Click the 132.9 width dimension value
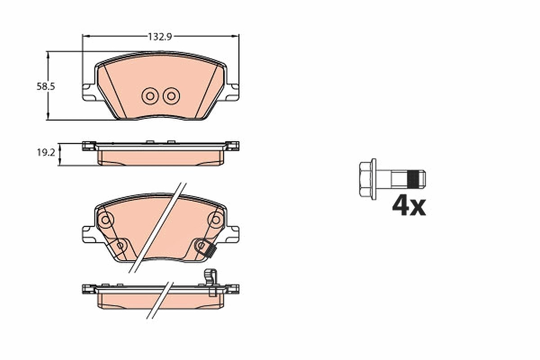(x=160, y=37)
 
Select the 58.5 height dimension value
(x=46, y=86)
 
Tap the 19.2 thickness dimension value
(x=46, y=153)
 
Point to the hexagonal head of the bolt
(x=365, y=179)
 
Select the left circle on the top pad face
(x=150, y=96)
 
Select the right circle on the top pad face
(x=171, y=96)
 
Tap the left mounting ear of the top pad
(x=89, y=92)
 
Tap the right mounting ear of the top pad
(x=232, y=92)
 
